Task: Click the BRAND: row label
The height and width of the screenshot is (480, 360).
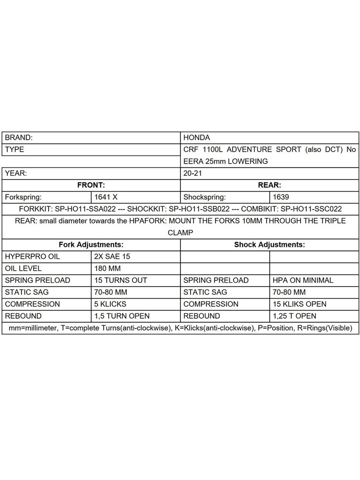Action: click(x=19, y=137)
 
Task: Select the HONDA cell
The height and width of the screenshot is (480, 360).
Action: click(x=197, y=137)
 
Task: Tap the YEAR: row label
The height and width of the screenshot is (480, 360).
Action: click(x=16, y=173)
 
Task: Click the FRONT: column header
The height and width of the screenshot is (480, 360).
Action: click(x=91, y=185)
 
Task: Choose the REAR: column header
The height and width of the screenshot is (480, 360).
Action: click(x=269, y=185)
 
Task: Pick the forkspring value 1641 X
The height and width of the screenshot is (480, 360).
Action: click(x=106, y=197)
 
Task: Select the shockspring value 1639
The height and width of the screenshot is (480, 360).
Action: click(x=281, y=197)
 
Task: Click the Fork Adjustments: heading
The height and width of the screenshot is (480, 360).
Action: click(x=91, y=244)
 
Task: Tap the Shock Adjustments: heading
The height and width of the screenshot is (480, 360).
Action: click(x=269, y=244)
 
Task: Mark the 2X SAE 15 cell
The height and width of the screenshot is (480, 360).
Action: click(x=112, y=256)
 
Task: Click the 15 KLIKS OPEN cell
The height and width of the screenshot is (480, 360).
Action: click(x=300, y=304)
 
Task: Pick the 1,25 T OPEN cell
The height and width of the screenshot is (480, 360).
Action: click(x=294, y=316)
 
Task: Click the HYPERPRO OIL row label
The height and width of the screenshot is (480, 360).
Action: click(x=32, y=256)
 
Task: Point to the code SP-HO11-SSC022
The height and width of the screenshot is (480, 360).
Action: click(x=311, y=209)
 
